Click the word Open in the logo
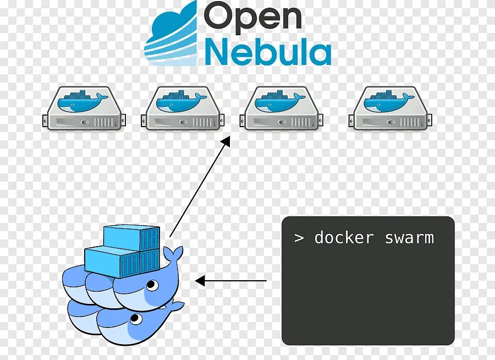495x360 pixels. point(252,17)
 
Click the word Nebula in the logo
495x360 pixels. point(268,53)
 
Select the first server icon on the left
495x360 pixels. point(84,108)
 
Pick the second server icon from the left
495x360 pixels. point(183,108)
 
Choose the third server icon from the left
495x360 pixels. point(281,108)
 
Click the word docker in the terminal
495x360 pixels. point(344,238)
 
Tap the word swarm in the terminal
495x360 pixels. point(409,238)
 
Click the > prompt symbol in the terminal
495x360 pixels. point(299,238)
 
